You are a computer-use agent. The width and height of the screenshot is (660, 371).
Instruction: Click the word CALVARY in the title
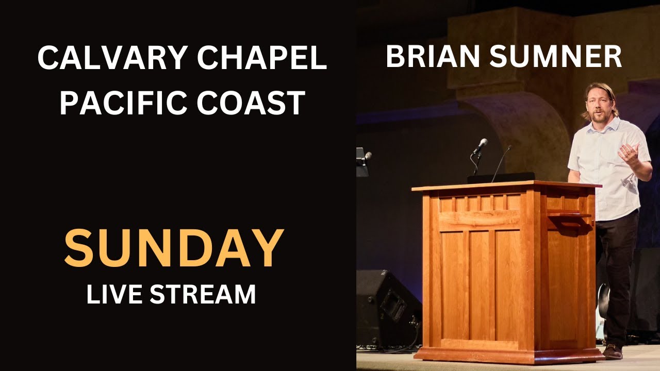(x=108, y=58)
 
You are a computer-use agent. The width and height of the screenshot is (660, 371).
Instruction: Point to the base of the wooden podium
(x=508, y=354)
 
